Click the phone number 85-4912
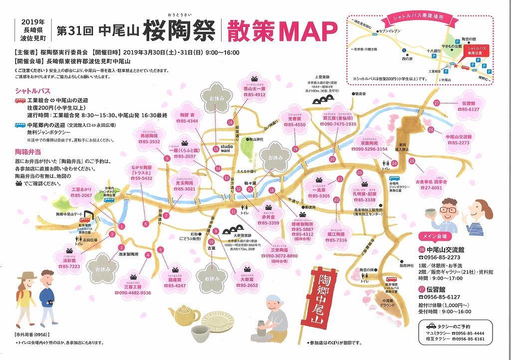(x=254, y=95)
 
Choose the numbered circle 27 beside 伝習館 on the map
(x=437, y=103)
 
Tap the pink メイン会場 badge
(x=434, y=236)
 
